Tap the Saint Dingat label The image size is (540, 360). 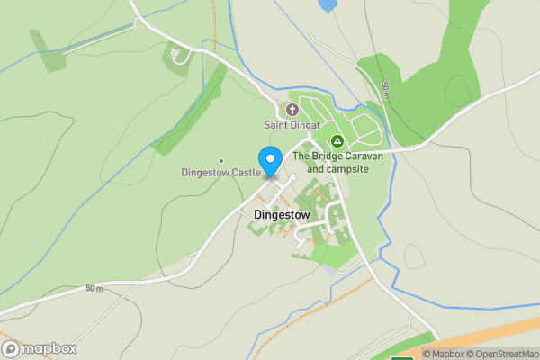coord(292,125)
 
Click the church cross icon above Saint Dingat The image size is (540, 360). coord(292,110)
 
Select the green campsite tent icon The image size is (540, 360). coord(337,141)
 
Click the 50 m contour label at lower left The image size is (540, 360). coord(94,288)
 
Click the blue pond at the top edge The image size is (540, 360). coord(327,4)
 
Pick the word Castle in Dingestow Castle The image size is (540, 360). coord(245,172)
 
